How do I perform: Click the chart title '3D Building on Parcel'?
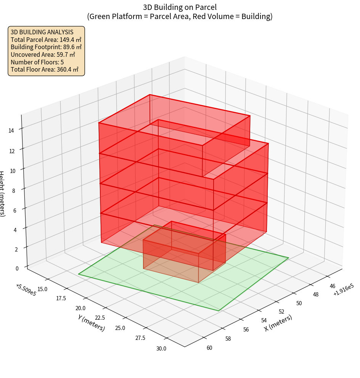(x=180, y=7)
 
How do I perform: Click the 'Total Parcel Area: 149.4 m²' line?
(x=46, y=40)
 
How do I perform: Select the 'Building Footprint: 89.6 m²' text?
(x=46, y=47)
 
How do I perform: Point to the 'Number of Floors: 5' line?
(x=37, y=62)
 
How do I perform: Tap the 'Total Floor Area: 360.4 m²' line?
(x=45, y=70)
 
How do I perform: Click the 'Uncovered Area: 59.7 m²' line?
(x=43, y=55)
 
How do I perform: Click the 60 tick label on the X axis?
(x=209, y=348)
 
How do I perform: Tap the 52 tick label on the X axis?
(x=282, y=312)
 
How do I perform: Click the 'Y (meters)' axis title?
(x=91, y=322)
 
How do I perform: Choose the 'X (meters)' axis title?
(x=278, y=323)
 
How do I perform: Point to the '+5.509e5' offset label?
(x=26, y=290)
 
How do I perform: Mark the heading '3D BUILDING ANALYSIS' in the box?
(x=42, y=32)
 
